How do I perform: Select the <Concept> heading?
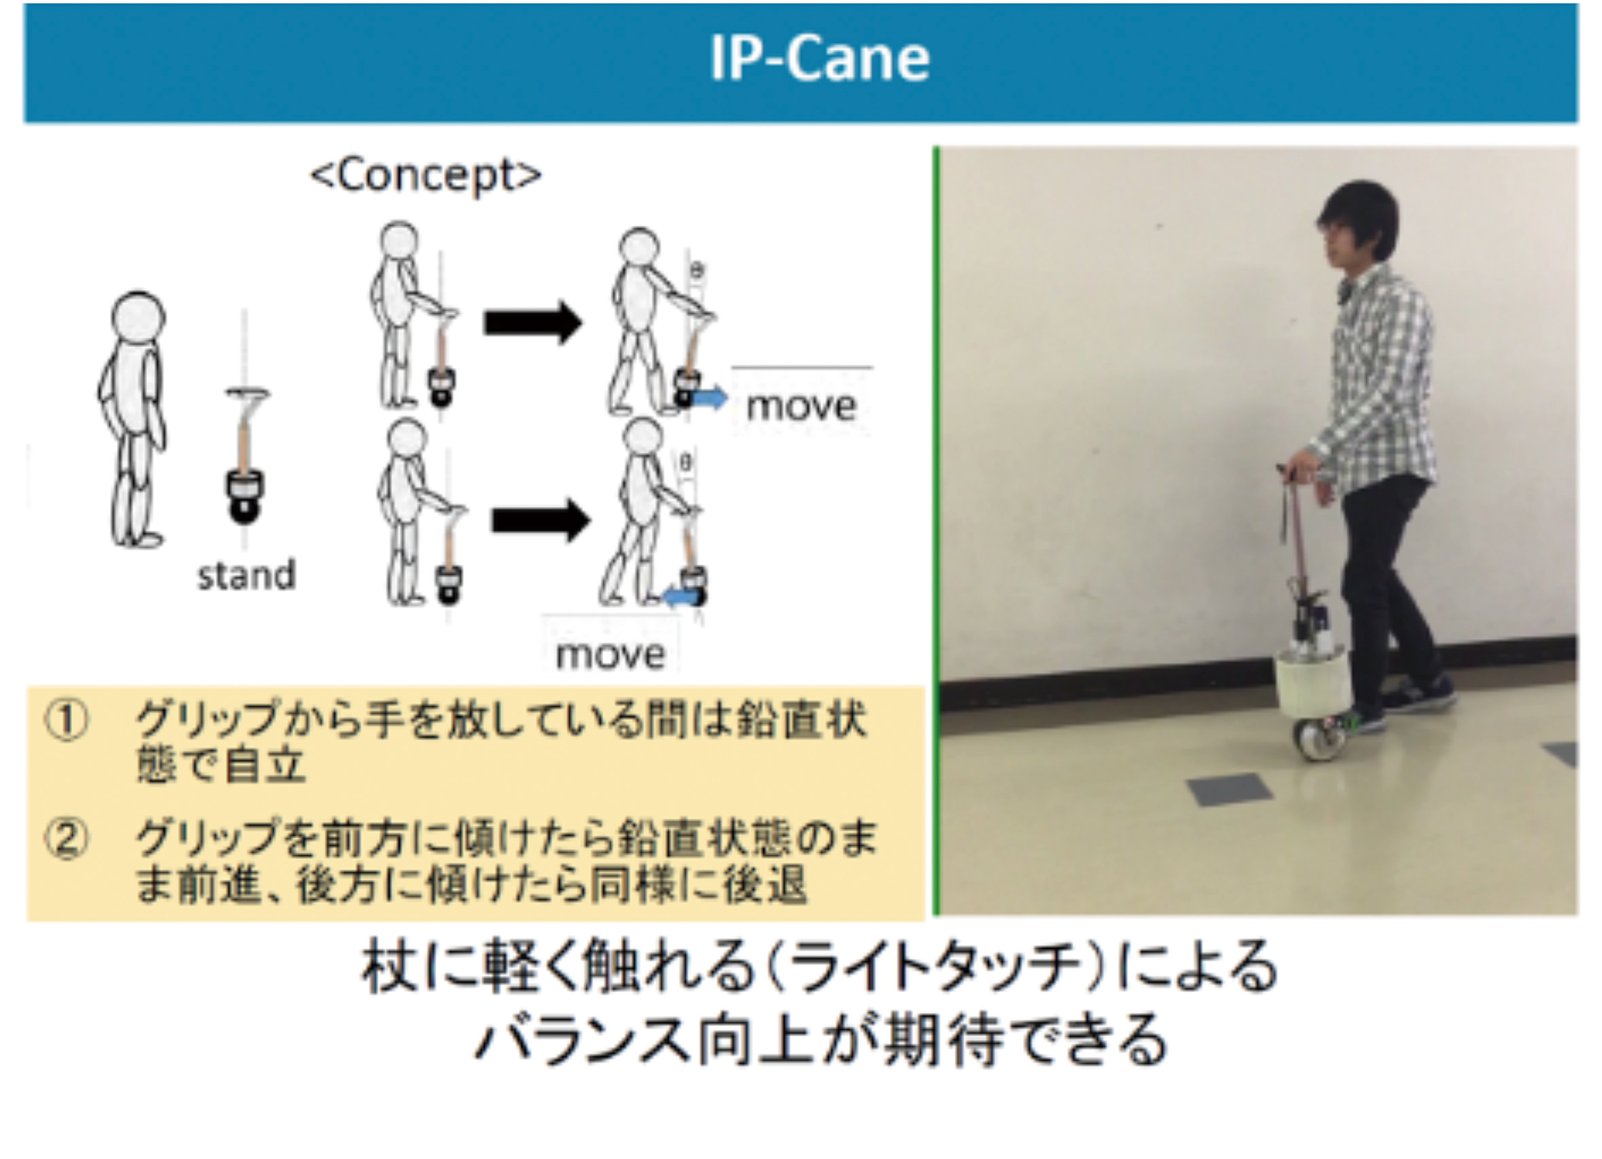[426, 175]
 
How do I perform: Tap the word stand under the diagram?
[246, 575]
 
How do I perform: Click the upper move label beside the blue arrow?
[801, 406]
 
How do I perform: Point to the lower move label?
[610, 654]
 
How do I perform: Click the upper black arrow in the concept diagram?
[533, 323]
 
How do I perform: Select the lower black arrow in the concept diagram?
[540, 520]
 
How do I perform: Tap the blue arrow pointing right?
[709, 398]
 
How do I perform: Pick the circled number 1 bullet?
[67, 721]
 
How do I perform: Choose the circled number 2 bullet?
[67, 839]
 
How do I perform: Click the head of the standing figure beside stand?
[139, 319]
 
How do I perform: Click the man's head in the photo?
[1357, 226]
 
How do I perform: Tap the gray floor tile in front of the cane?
[1229, 789]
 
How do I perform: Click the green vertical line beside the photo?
[936, 530]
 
